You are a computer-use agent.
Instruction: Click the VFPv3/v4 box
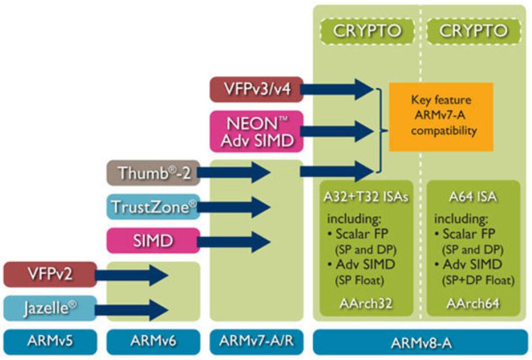coord(257,89)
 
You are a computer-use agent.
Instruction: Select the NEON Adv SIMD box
coord(257,131)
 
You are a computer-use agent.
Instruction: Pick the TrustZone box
coord(152,207)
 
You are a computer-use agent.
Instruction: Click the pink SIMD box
coord(152,241)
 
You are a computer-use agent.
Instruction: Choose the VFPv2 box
coord(49,274)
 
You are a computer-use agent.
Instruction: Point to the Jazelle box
coord(49,309)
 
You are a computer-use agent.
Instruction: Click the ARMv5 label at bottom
coord(49,340)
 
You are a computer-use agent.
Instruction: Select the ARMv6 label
coord(152,340)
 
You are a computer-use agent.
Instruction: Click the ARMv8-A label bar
coord(420,340)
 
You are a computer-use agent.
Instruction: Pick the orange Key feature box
coord(441,117)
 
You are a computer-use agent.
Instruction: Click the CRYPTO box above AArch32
coord(367,30)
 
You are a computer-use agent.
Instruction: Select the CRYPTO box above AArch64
coord(473,30)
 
